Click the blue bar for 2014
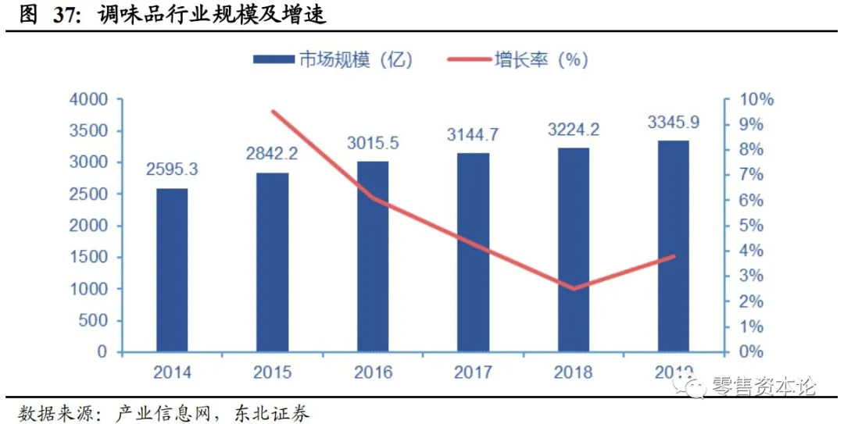(x=172, y=269)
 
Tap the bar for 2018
(x=574, y=250)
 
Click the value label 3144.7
(x=473, y=134)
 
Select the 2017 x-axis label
(x=473, y=372)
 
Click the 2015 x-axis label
(x=272, y=372)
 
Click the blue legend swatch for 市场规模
(x=272, y=59)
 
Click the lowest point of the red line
(x=574, y=288)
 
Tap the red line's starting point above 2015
(x=273, y=112)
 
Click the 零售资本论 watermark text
(x=764, y=386)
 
